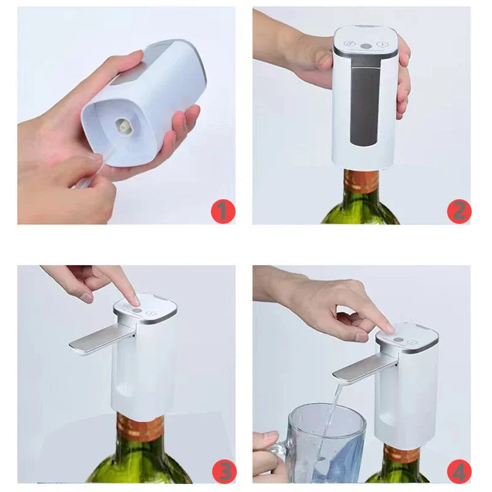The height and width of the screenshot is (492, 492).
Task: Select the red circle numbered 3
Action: click(x=222, y=471)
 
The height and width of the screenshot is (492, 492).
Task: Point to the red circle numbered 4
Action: click(x=459, y=471)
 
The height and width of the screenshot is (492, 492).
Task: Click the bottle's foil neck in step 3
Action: click(x=140, y=427)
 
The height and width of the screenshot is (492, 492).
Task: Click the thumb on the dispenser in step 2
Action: click(x=323, y=60)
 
